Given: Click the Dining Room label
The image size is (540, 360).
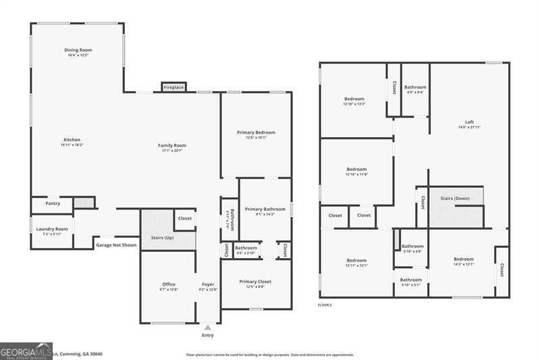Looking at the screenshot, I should pyautogui.click(x=78, y=50).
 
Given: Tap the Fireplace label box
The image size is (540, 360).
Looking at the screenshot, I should pyautogui.click(x=173, y=87).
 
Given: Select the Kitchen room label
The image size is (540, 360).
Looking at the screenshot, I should pyautogui.click(x=72, y=140).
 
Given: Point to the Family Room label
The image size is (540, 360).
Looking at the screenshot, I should pyautogui.click(x=172, y=145).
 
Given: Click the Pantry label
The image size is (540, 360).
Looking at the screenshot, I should pyautogui.click(x=53, y=203).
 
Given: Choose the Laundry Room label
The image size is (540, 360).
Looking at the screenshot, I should pyautogui.click(x=52, y=229).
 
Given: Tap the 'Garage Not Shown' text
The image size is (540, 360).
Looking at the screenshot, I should pyautogui.click(x=116, y=245).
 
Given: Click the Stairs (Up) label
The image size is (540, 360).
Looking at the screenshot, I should pyautogui.click(x=162, y=238).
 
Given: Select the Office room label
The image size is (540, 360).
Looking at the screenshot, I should pyautogui.click(x=169, y=284).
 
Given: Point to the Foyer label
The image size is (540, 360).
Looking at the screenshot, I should pyautogui.click(x=209, y=284).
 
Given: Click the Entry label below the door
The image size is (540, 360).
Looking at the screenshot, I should pyautogui.click(x=207, y=335).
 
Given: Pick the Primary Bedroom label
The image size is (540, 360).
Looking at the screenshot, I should pyautogui.click(x=256, y=132).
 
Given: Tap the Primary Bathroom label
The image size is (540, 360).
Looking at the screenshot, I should pyautogui.click(x=265, y=209).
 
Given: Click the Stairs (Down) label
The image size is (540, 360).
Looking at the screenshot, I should pyautogui.click(x=455, y=199).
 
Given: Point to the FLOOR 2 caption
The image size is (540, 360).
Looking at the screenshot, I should pyautogui.click(x=325, y=305).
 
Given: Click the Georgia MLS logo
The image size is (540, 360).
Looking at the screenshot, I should pyautogui.click(x=26, y=351).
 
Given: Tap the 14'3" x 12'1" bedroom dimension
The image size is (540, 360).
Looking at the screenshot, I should pyautogui.click(x=463, y=264).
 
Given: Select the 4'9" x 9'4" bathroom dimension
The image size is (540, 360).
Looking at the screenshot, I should pyautogui.click(x=415, y=93).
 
